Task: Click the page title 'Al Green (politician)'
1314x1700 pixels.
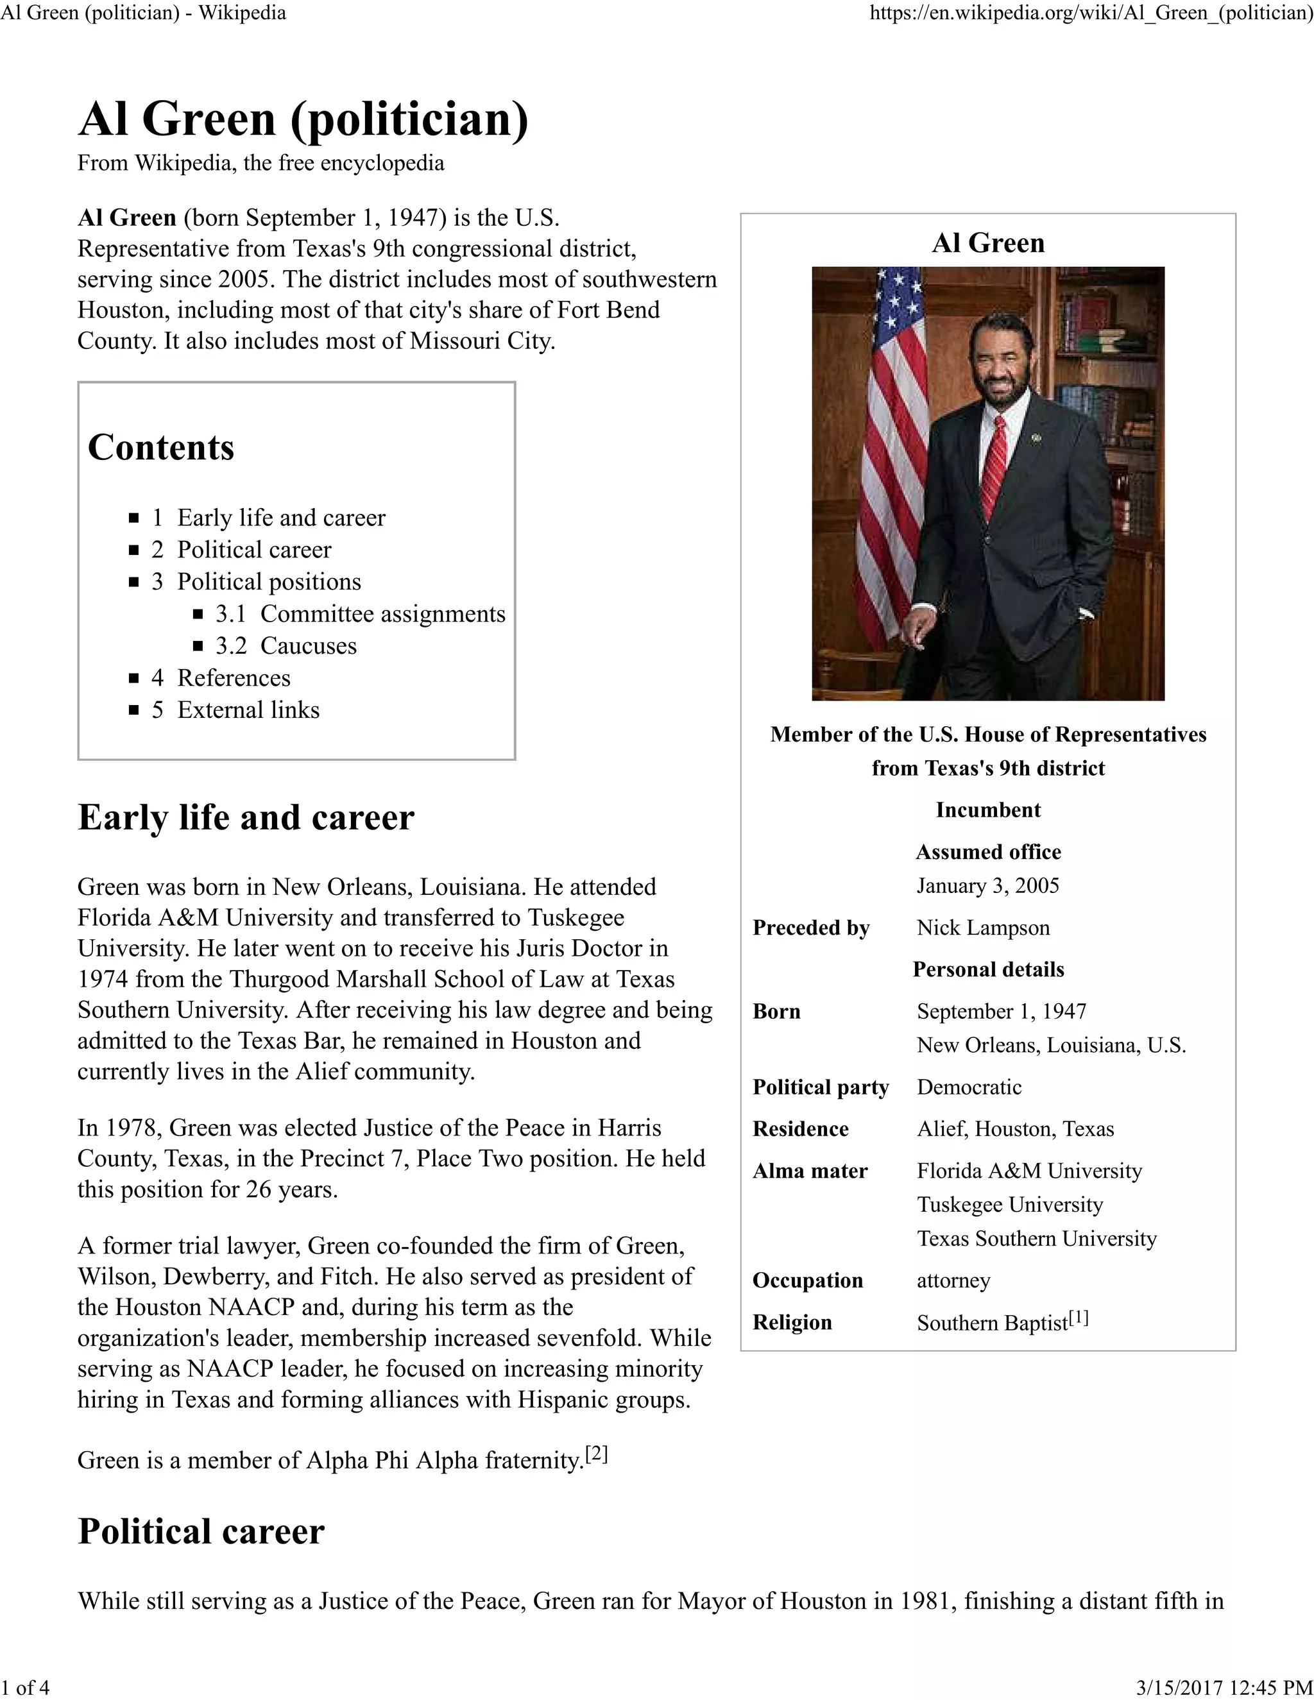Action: point(303,119)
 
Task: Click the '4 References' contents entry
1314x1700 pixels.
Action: point(221,677)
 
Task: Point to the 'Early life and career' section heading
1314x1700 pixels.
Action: point(245,817)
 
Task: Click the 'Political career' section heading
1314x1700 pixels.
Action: point(201,1531)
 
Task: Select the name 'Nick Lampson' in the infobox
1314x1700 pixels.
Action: point(982,927)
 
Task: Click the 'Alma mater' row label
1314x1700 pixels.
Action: point(810,1171)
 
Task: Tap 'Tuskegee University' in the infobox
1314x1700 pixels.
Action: point(1010,1204)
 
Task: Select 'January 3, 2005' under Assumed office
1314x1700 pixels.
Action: point(987,885)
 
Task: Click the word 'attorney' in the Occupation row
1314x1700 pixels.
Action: point(953,1280)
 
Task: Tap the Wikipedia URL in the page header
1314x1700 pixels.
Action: point(1091,13)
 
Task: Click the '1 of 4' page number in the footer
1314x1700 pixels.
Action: point(26,1687)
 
